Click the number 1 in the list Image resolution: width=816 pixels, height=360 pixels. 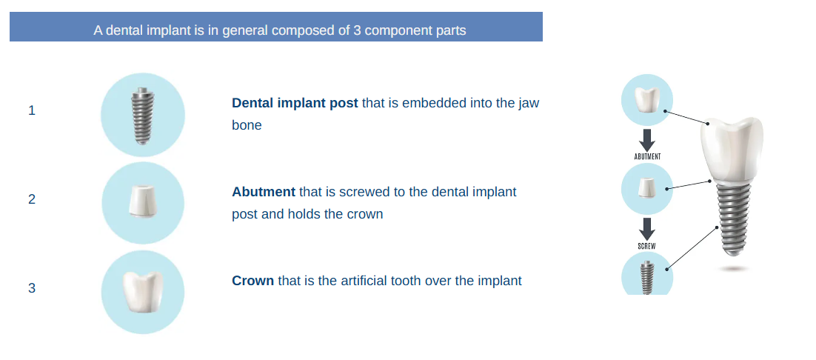tap(32, 110)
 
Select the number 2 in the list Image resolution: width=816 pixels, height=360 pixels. tap(32, 199)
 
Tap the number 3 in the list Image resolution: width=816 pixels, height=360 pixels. tap(32, 288)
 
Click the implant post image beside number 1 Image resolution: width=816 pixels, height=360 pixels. tap(141, 115)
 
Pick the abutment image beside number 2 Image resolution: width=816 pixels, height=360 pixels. tap(142, 201)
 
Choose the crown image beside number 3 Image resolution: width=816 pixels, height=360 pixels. tap(143, 292)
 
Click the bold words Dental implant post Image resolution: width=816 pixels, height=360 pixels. tap(295, 103)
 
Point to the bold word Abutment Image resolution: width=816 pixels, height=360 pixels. tap(264, 192)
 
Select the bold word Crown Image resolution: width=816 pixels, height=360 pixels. tap(253, 281)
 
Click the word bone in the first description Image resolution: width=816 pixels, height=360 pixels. tap(247, 125)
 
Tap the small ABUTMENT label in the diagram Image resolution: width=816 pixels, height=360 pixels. tap(647, 156)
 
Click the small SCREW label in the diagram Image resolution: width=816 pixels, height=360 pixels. tap(647, 245)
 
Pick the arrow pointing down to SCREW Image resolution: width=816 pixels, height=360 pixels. tap(647, 229)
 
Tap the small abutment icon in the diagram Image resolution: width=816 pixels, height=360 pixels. tap(647, 187)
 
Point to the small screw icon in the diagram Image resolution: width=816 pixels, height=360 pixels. tap(647, 278)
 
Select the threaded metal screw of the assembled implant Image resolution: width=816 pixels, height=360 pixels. tap(734, 219)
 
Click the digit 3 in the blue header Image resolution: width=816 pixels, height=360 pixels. tap(357, 30)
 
